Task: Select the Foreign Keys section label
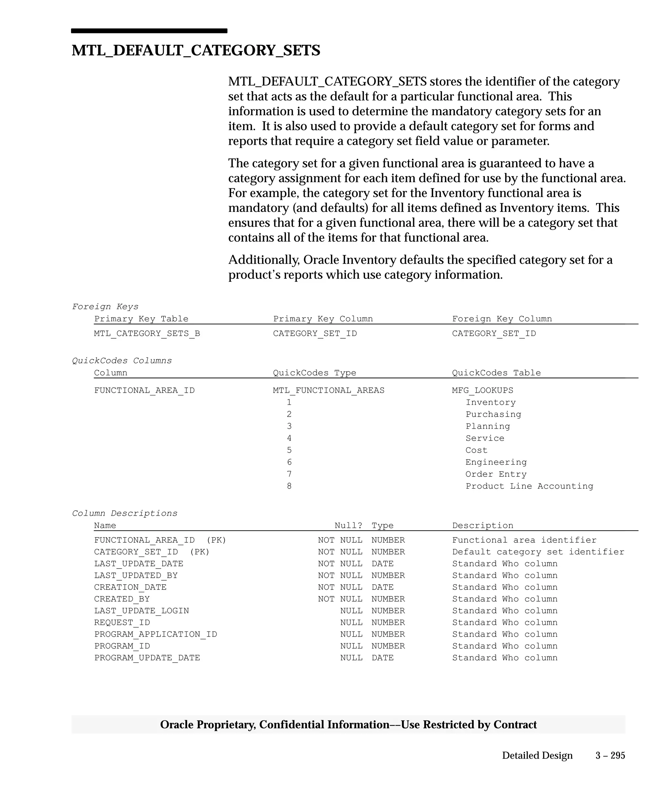pos(105,307)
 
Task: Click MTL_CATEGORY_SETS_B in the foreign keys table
pos(147,333)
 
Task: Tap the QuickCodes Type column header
pos(315,373)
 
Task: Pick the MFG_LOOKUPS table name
pos(482,390)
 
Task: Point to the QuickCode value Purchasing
pos(493,414)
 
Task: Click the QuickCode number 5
pos(289,450)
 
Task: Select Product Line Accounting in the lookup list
pos(529,486)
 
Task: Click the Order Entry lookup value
pos(496,474)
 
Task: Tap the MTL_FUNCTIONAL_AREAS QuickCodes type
pos(329,390)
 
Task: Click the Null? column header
pos(348,526)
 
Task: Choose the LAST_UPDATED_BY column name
pos(136,575)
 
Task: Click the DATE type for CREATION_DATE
pos(382,587)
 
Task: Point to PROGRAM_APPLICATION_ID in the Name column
pos(156,634)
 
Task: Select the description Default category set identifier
pos(538,552)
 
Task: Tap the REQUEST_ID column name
pos(122,623)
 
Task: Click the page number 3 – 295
pos(610,756)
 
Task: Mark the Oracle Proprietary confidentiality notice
pos(348,725)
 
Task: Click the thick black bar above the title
pos(149,31)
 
